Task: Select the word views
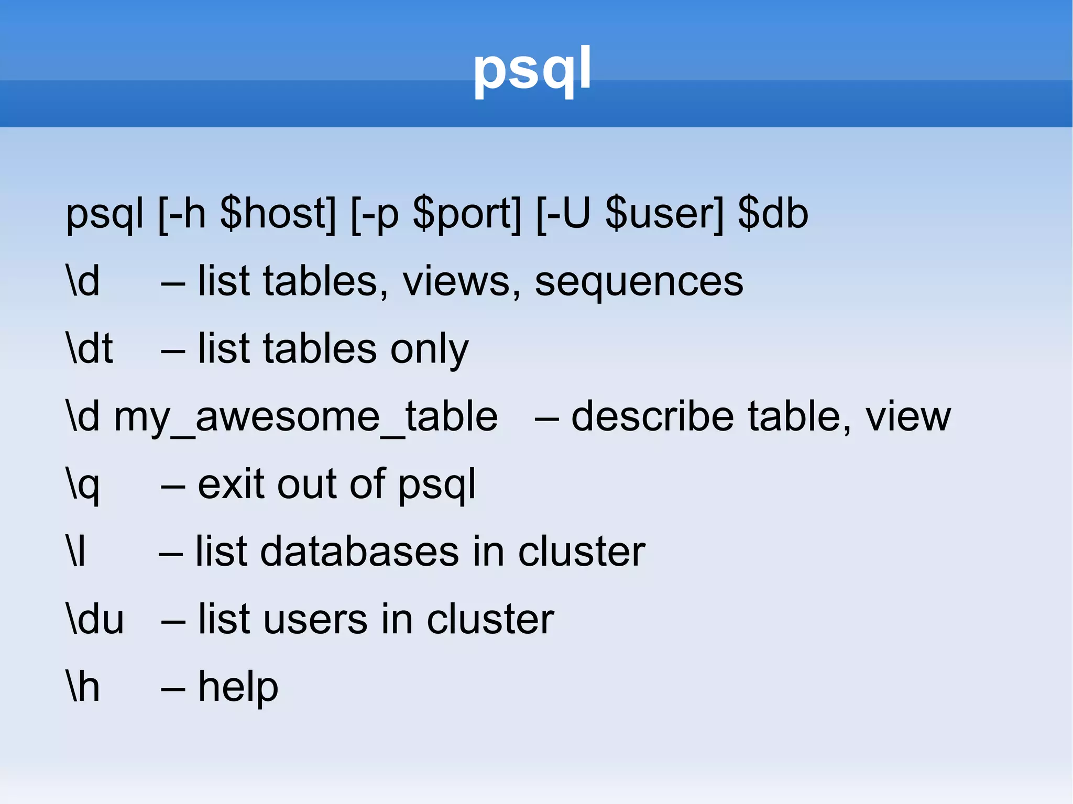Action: coord(461,282)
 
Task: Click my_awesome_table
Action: coord(305,417)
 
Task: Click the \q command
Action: coord(83,485)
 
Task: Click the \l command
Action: coord(76,552)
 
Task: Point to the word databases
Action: coord(359,552)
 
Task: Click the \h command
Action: coord(83,687)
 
